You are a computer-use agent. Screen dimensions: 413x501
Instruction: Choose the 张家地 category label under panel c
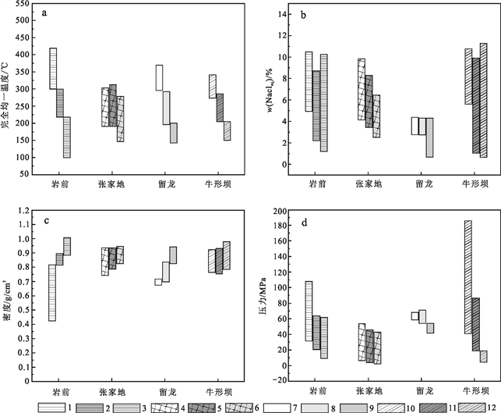click(116, 390)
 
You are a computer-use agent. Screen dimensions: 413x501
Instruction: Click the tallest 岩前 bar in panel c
click(52, 293)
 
